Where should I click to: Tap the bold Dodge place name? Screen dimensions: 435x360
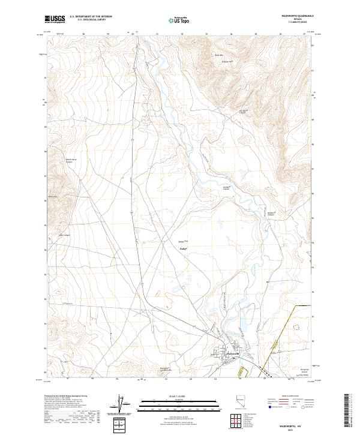[x=184, y=247]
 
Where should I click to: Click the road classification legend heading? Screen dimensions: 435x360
[x=292, y=396]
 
